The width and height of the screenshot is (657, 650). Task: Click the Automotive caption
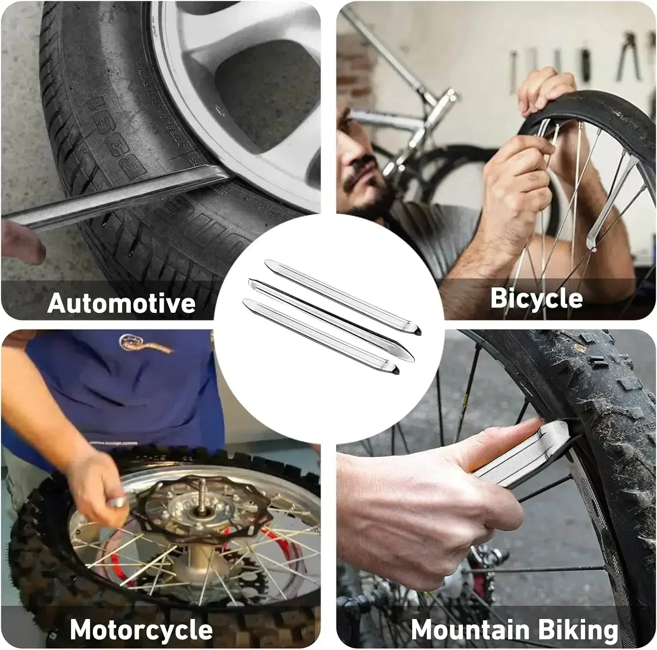coord(121,303)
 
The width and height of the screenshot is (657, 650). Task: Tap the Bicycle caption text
coord(536,298)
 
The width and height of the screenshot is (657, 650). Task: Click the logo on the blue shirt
coord(145,343)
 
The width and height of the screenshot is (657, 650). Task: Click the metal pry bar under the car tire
coord(109,197)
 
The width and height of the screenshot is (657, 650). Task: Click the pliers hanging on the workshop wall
coord(629,57)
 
